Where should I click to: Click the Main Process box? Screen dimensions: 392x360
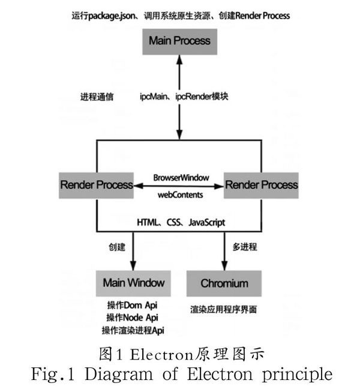tap(179, 41)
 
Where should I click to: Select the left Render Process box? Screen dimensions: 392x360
tap(97, 184)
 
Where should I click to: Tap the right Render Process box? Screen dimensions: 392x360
tap(261, 184)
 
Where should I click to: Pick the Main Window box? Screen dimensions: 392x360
tap(134, 282)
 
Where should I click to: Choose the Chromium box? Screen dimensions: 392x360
tap(224, 282)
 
